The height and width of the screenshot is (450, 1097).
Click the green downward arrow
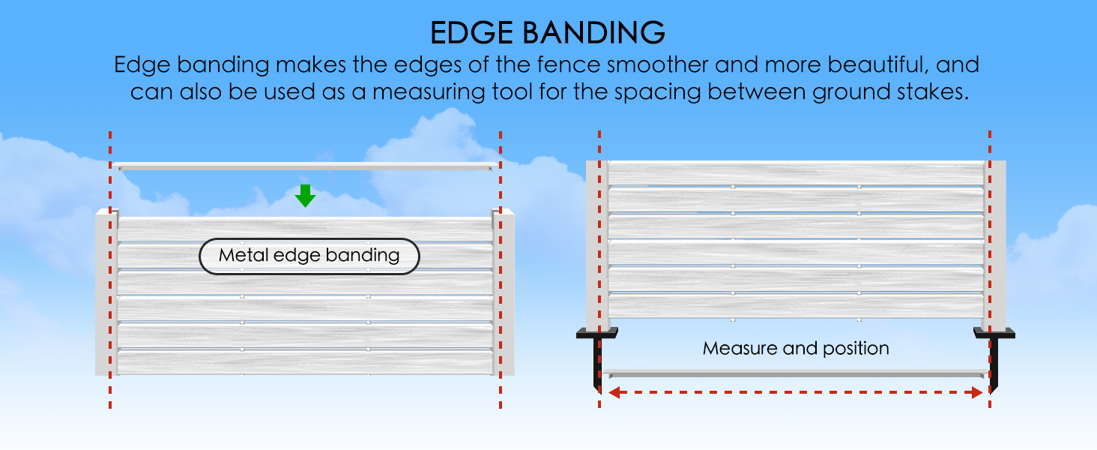[x=305, y=196]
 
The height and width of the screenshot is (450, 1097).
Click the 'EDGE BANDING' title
[x=548, y=33]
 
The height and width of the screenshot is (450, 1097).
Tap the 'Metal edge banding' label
[x=309, y=256]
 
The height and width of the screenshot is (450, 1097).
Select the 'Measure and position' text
[x=796, y=349]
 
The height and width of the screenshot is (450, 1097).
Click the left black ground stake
[x=597, y=360]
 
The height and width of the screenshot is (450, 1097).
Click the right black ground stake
[x=994, y=360]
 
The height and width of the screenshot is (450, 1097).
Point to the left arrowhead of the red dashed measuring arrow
[x=614, y=392]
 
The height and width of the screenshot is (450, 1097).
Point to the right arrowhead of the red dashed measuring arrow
[x=977, y=392]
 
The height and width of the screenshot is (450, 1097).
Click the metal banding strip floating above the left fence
[x=305, y=166]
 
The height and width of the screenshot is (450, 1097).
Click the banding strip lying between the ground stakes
[x=796, y=373]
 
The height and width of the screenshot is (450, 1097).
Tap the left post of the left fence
[x=106, y=292]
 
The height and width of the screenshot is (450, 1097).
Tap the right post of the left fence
[x=504, y=292]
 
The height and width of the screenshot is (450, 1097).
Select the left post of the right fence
[x=597, y=245]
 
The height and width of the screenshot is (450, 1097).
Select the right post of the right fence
[x=994, y=245]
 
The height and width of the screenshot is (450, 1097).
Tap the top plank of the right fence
[x=796, y=173]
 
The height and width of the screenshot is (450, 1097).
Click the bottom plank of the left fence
[x=305, y=362]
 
